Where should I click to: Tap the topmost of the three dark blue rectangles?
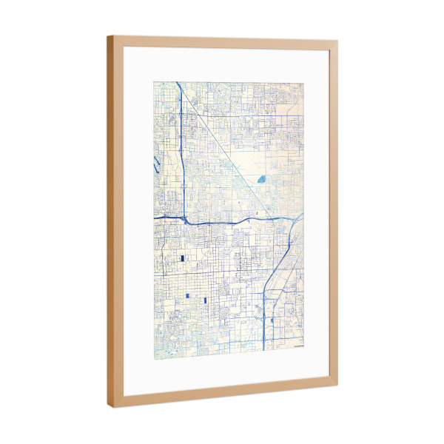pos(181,258)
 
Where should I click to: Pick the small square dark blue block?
pos(188,297)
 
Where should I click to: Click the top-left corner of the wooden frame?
pos(108,36)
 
